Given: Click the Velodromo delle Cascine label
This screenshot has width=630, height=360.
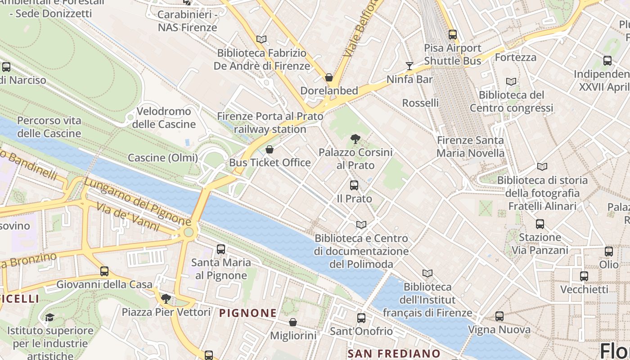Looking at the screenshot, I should pos(163,117).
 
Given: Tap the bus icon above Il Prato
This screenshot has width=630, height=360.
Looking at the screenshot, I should pos(354,185).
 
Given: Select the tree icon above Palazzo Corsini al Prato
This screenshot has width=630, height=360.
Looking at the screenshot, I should pos(355,139).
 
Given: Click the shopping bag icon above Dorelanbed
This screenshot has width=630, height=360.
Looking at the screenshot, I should pos(329,77).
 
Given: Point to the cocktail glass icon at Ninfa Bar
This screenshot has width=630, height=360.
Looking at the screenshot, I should pos(409,66).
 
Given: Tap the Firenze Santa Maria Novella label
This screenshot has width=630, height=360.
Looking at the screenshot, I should pos(470,147).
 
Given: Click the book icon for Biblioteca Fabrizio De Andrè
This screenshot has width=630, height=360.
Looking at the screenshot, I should pos(261,40).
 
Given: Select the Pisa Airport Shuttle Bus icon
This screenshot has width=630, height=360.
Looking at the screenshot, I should pos(453,34).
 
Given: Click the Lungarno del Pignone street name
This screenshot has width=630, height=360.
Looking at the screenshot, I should pos(137,202).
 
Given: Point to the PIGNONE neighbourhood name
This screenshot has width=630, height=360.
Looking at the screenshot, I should pos(248,313).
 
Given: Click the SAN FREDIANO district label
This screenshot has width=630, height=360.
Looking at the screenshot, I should pos(394,353).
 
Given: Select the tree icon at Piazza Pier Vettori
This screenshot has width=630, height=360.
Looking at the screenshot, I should pos(166,298).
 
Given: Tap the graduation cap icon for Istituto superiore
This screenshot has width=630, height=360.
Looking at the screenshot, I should pos(49,317).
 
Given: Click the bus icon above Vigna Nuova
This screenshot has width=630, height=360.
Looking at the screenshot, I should pos(499,316).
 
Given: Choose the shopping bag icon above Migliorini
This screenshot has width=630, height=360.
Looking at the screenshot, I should pos(293,322).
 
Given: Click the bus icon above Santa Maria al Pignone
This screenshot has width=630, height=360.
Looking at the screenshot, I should pos(221,249).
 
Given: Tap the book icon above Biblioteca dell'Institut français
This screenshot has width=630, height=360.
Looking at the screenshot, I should pos(427,273).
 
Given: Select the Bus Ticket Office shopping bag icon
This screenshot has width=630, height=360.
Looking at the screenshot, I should pos(270,149).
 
